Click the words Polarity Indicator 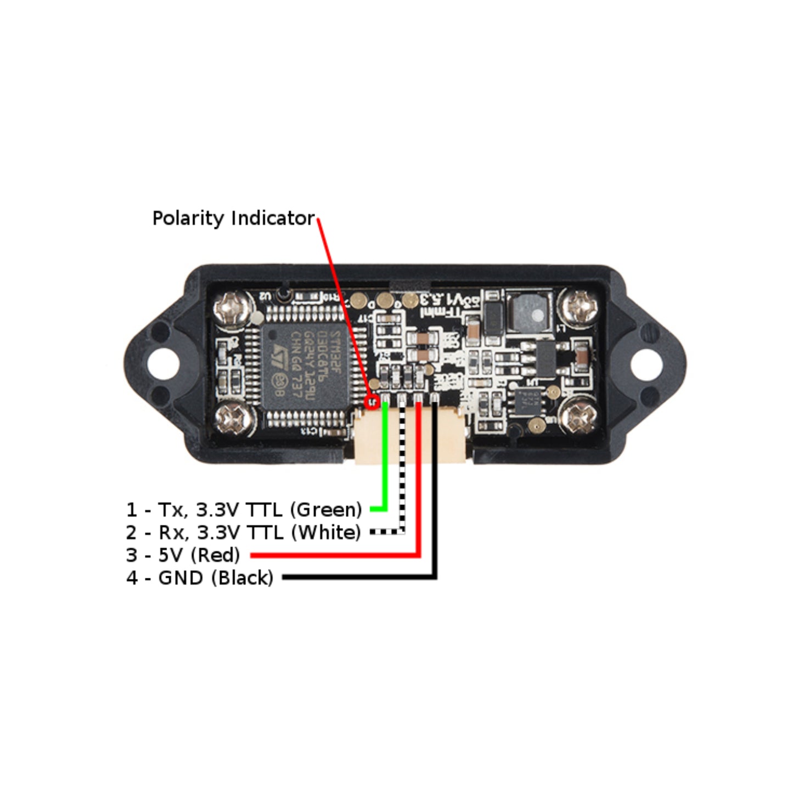click(x=233, y=218)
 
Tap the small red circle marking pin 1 click(x=373, y=402)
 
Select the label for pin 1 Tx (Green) click(x=244, y=510)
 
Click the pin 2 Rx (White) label click(x=243, y=532)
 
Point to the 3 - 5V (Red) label click(x=183, y=555)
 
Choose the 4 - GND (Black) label click(x=199, y=577)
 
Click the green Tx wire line click(x=385, y=461)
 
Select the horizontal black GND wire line click(x=357, y=577)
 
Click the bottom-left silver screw click(x=235, y=420)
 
